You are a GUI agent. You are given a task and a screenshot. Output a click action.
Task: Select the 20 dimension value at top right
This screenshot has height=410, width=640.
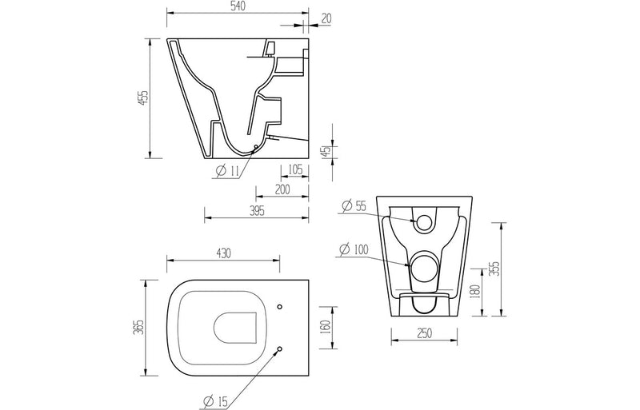[x=327, y=18]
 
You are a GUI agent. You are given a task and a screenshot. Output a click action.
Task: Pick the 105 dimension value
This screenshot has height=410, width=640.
[x=294, y=169]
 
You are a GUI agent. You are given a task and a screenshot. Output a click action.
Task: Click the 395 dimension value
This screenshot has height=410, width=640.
[x=256, y=210]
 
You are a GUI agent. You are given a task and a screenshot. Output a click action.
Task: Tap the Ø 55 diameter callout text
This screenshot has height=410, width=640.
[x=354, y=206]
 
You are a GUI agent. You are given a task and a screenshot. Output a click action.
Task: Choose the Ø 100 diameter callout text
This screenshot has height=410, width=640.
[x=354, y=251]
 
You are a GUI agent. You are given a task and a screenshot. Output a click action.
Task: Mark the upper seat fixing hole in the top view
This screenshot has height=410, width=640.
[x=279, y=307]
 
